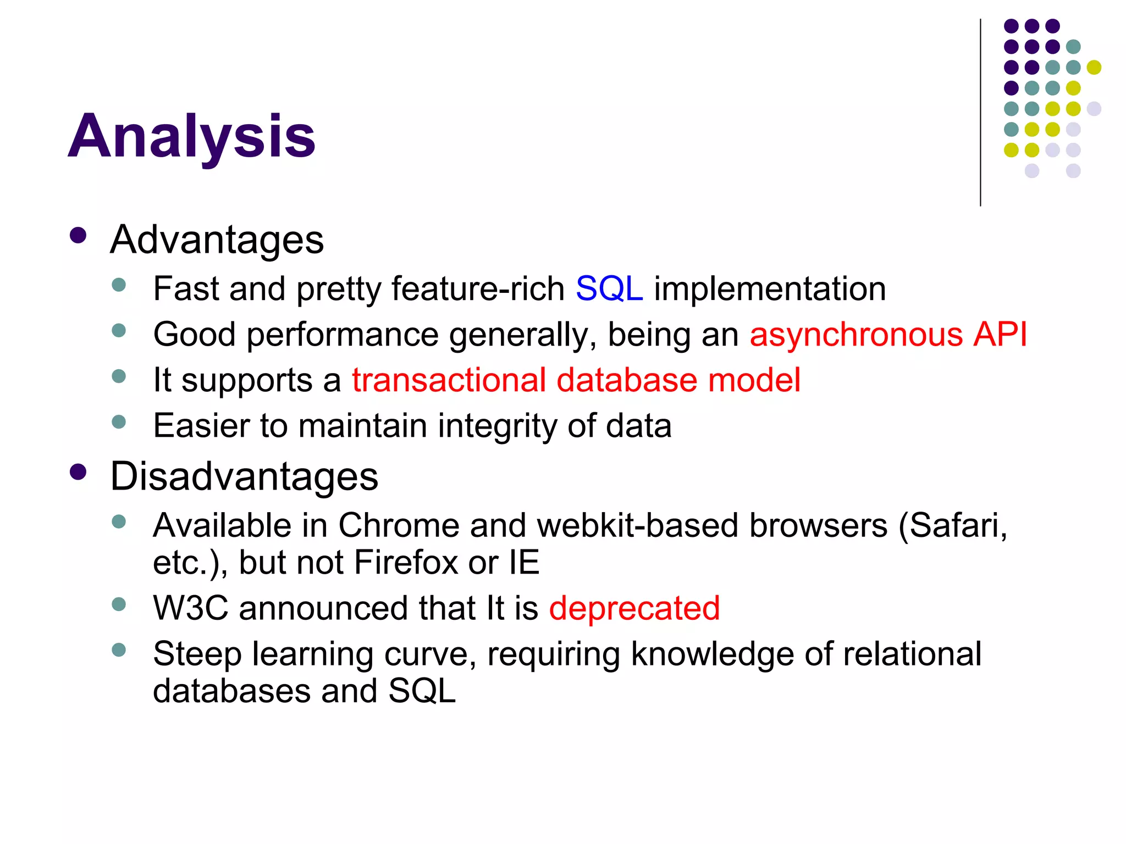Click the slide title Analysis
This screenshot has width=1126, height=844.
(191, 136)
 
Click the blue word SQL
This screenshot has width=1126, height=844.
(609, 288)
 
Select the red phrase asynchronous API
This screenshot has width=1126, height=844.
(888, 334)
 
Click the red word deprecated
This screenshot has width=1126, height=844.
(634, 608)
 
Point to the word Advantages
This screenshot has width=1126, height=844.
(217, 240)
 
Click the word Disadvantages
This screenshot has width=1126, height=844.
(244, 476)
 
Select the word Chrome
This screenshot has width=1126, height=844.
(398, 525)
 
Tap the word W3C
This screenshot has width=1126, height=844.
(190, 608)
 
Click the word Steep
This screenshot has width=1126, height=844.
(197, 654)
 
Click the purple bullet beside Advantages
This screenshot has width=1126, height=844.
(79, 236)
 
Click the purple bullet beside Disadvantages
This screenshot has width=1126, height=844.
(79, 472)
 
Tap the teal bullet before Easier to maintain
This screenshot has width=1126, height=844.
(119, 422)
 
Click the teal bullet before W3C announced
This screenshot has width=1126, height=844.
(119, 604)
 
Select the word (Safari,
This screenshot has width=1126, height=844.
(952, 525)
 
